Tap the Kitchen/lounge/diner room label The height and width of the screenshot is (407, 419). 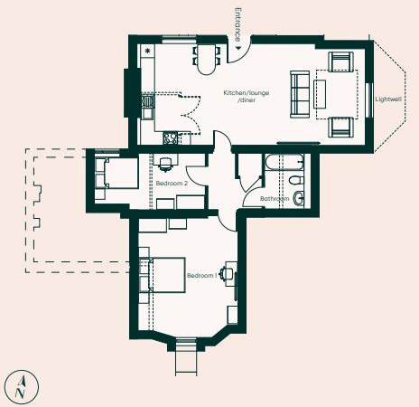coord(247,98)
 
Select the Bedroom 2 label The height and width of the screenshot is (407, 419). coord(171,184)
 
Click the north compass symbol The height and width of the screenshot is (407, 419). coord(20,387)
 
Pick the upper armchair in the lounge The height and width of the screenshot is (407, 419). coord(340,63)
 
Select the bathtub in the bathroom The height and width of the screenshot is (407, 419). coord(282,165)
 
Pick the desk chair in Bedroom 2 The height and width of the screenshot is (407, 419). coord(165,164)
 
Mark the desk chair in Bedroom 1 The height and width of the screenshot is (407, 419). coord(228,272)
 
